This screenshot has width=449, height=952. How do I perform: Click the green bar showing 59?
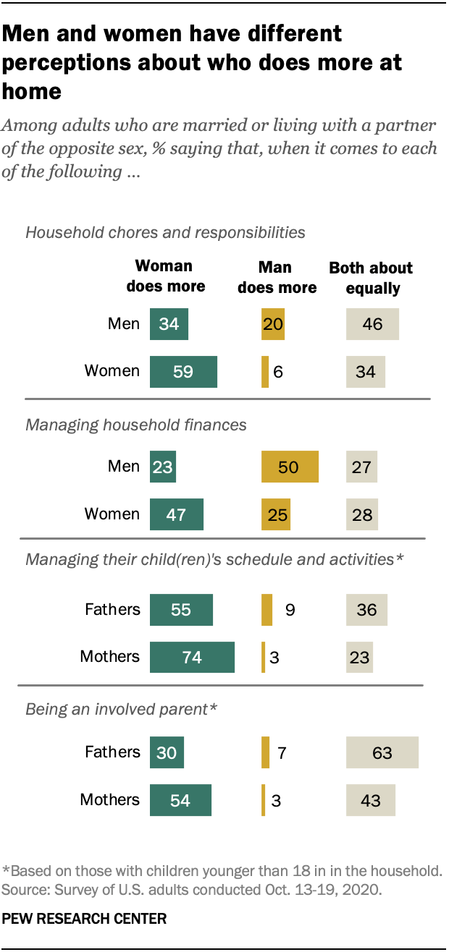(x=183, y=371)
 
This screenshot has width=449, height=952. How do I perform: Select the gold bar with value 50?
(x=290, y=467)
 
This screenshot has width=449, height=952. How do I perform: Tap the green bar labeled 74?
(x=192, y=657)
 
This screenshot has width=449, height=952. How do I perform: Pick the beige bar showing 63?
(x=382, y=752)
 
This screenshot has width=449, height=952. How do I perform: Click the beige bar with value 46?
(x=373, y=323)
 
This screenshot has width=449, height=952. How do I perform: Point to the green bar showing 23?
(x=163, y=467)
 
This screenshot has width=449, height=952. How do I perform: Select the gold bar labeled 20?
(x=273, y=323)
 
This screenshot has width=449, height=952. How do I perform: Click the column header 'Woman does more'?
(x=166, y=276)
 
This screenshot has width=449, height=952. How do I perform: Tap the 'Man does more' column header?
(x=277, y=277)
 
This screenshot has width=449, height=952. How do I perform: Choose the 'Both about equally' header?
(x=372, y=278)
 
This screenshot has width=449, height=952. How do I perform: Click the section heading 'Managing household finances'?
(x=136, y=425)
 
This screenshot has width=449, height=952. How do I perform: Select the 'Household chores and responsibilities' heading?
(x=165, y=232)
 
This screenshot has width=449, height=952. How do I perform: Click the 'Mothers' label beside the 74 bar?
(x=110, y=657)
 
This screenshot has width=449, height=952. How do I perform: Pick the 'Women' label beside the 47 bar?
(x=112, y=514)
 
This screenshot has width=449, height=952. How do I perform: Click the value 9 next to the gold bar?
(x=290, y=610)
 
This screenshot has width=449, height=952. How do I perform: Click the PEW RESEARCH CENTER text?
(x=85, y=919)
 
